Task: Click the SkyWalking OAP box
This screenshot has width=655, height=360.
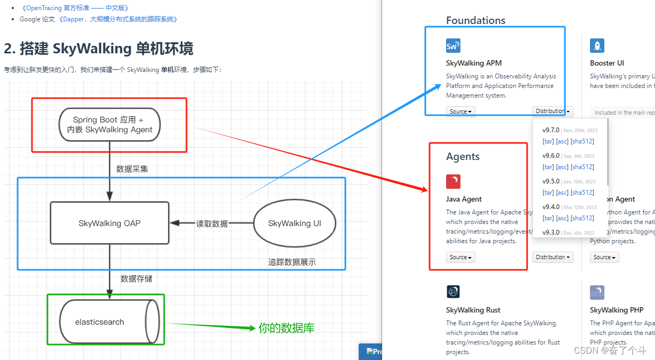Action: pos(109,223)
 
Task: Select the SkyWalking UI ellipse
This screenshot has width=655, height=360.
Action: pos(295,223)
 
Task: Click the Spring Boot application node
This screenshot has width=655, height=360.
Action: pos(109,124)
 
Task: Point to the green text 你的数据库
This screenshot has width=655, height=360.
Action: pos(286,328)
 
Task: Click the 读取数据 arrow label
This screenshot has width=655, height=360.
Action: pos(212,223)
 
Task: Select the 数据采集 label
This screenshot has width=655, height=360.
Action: pos(132,169)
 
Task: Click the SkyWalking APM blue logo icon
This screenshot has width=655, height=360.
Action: pos(453,46)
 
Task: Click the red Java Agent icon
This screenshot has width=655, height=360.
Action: pos(453,181)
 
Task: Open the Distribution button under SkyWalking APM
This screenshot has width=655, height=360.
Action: pos(553,111)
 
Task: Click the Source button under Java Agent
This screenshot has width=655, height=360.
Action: pos(460,258)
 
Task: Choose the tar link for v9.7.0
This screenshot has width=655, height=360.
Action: pos(548,141)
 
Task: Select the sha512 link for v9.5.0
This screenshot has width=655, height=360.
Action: pos(582,193)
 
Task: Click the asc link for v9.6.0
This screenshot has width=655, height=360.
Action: pos(562,167)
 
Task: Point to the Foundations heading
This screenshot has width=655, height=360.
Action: pos(475,20)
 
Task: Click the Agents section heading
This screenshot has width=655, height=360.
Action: pos(463,156)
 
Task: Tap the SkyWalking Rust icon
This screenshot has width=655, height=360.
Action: pos(453,292)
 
